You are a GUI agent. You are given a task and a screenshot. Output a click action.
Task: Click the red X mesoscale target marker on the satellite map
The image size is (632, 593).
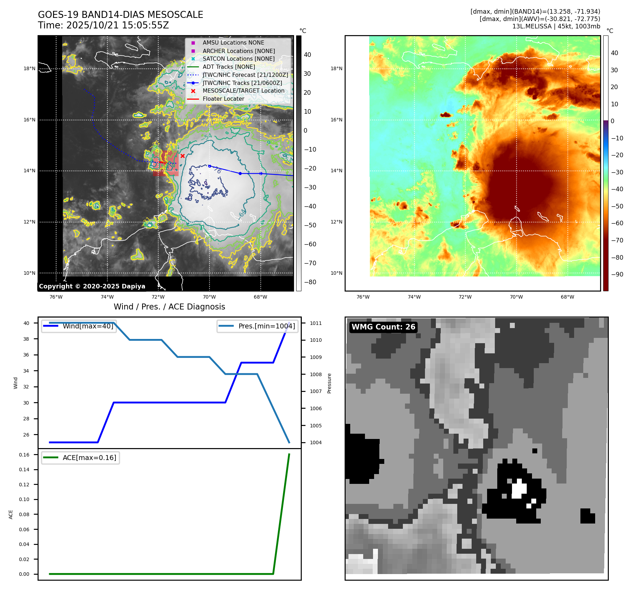point(182,156)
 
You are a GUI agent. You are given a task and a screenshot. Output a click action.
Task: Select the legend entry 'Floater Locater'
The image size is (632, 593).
point(223,99)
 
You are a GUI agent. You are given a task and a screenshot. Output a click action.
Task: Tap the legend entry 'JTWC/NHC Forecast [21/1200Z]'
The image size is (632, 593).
point(245,75)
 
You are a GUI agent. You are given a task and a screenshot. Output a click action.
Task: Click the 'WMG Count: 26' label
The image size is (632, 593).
point(383,327)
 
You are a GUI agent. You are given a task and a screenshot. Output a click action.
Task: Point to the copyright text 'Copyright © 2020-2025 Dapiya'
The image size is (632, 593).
point(92,286)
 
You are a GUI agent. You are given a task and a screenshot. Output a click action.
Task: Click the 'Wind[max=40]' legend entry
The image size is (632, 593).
point(88,326)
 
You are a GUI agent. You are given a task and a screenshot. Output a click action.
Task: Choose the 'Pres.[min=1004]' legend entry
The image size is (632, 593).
point(266,326)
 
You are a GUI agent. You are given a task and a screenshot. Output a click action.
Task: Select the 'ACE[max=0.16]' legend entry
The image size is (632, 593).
point(89,458)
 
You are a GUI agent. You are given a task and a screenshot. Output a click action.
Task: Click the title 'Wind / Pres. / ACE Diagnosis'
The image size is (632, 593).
point(169,307)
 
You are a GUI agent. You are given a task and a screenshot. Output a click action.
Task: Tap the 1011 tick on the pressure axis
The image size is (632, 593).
point(315,323)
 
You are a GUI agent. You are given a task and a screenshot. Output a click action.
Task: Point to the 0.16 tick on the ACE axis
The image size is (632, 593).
point(24,455)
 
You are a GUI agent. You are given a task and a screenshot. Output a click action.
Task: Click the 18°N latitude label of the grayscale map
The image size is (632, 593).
point(29,68)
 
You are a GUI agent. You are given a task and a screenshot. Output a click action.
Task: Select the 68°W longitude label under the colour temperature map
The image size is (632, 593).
point(567,297)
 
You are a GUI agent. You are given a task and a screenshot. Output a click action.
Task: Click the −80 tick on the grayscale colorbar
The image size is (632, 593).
point(310,282)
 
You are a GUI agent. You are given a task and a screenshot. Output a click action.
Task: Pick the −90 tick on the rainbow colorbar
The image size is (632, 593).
point(617,274)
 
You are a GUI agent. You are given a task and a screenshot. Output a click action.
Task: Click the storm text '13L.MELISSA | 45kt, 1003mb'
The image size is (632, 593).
point(556,26)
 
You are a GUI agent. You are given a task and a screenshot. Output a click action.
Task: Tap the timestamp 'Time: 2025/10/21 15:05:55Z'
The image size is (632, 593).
point(104,25)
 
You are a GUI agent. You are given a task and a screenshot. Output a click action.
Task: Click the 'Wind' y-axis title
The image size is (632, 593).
point(15,383)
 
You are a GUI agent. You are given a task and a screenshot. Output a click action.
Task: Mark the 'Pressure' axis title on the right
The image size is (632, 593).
point(329,383)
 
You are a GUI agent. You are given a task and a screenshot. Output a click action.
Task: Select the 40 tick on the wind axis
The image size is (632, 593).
point(26,323)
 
